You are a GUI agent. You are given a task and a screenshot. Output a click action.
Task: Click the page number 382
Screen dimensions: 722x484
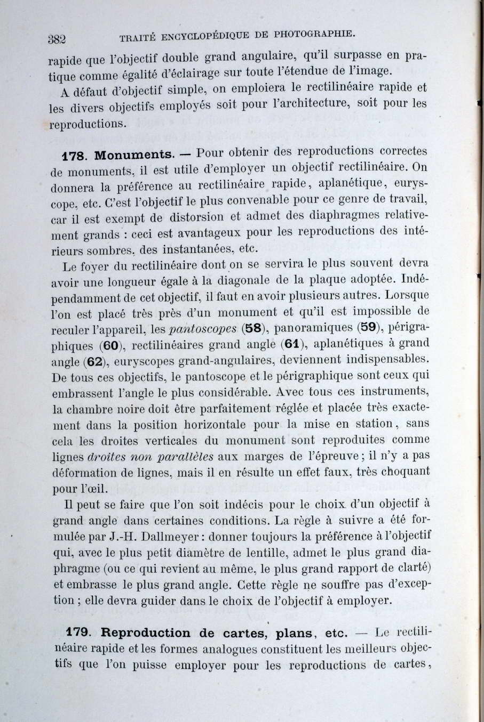click(x=56, y=38)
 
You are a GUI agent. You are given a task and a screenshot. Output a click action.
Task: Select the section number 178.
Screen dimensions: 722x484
click(x=74, y=157)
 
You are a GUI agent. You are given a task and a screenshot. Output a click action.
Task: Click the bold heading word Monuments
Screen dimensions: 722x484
click(x=134, y=155)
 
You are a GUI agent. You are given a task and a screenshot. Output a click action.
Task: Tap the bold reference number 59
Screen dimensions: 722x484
click(x=369, y=326)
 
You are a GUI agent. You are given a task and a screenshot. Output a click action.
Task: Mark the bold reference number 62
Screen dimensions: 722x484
click(x=93, y=361)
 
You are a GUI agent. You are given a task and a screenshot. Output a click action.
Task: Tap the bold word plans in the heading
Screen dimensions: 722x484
click(x=294, y=633)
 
